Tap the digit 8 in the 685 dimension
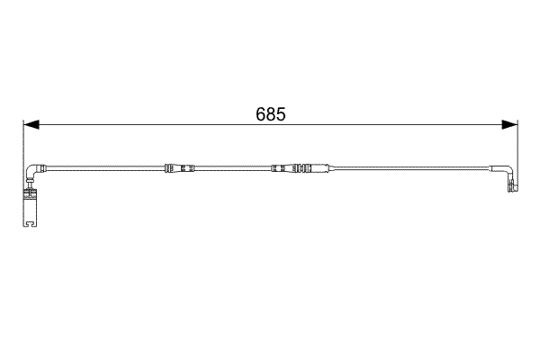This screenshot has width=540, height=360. [271, 115]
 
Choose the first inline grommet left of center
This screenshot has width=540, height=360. [179, 168]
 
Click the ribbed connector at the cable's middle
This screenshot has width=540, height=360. [290, 168]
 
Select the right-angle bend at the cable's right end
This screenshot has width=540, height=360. [507, 171]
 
